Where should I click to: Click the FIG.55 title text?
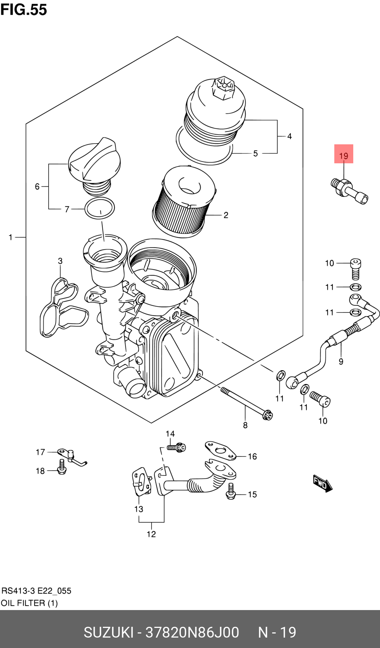click(x=24, y=10)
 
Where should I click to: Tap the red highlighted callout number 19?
click(x=344, y=154)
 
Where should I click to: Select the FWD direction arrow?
click(x=322, y=483)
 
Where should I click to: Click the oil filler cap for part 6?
click(x=95, y=162)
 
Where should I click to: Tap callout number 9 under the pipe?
click(x=341, y=361)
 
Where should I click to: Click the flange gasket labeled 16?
click(x=221, y=451)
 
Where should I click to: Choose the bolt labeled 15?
click(x=231, y=491)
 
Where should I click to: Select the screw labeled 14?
click(x=176, y=447)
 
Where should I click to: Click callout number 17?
click(x=40, y=452)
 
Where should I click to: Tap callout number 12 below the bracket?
click(x=151, y=534)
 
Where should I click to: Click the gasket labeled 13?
click(x=142, y=482)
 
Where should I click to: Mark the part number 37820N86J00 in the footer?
click(x=192, y=632)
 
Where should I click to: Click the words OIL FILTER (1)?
click(x=29, y=603)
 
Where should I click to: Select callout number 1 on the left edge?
click(x=11, y=237)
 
